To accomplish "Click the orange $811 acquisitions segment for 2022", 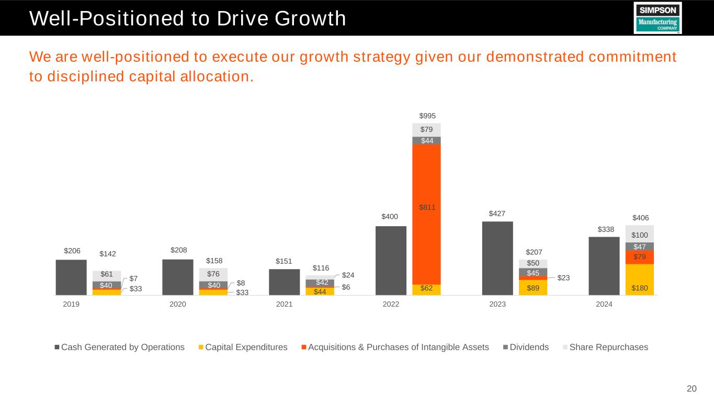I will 426,215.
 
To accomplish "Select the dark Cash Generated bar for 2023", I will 497,259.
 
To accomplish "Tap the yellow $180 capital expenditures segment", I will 640,280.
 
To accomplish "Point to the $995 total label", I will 428,116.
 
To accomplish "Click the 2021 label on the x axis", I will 285,304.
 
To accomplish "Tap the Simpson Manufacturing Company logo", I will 657,18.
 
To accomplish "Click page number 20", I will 692,388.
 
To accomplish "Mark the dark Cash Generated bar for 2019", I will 71,277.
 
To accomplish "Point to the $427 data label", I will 497,213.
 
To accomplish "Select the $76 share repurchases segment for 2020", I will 213,274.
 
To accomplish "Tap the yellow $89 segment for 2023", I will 533,287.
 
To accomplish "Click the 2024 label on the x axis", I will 604,304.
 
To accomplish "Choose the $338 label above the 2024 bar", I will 604,229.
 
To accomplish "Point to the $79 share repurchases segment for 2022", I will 426,130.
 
